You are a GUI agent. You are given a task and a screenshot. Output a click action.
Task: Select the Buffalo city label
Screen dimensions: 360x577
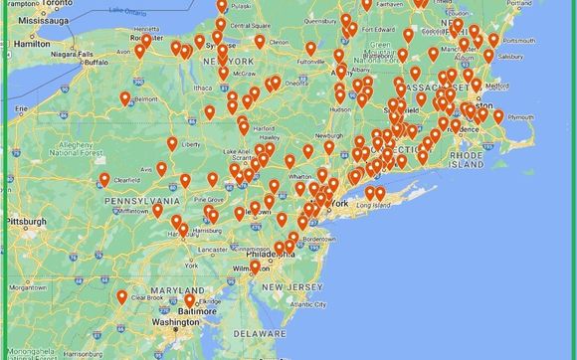(96, 62)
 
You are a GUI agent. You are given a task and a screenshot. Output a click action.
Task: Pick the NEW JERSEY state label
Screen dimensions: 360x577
(289, 287)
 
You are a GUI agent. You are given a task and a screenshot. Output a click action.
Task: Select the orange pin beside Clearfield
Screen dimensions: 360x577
(104, 179)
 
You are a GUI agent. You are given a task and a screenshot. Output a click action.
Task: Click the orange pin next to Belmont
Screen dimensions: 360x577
(124, 97)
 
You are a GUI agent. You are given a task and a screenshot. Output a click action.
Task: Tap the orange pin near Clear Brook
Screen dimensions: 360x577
(122, 296)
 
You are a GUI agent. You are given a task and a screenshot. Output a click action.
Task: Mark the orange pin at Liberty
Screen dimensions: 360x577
(172, 143)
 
